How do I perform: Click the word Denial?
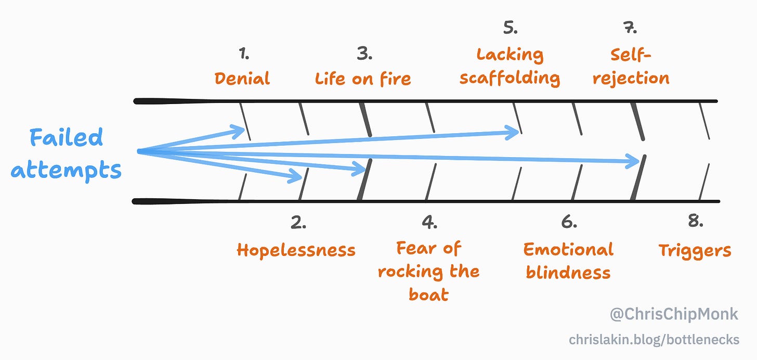click(x=242, y=79)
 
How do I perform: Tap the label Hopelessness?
click(x=296, y=250)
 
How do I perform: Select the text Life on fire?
click(x=363, y=79)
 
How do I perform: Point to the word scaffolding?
click(x=510, y=78)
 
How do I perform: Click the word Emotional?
click(x=568, y=250)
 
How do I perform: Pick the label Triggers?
click(x=695, y=251)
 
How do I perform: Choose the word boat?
click(x=428, y=295)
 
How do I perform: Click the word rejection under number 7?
click(x=631, y=79)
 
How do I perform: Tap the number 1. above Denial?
click(x=244, y=53)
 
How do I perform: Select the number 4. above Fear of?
click(x=429, y=223)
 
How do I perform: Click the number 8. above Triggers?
click(x=695, y=222)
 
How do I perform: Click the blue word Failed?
click(x=66, y=138)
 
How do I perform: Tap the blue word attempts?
click(x=66, y=170)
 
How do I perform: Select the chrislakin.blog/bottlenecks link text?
click(x=654, y=340)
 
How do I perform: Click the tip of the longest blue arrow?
click(x=639, y=162)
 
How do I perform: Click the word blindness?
click(x=568, y=272)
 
